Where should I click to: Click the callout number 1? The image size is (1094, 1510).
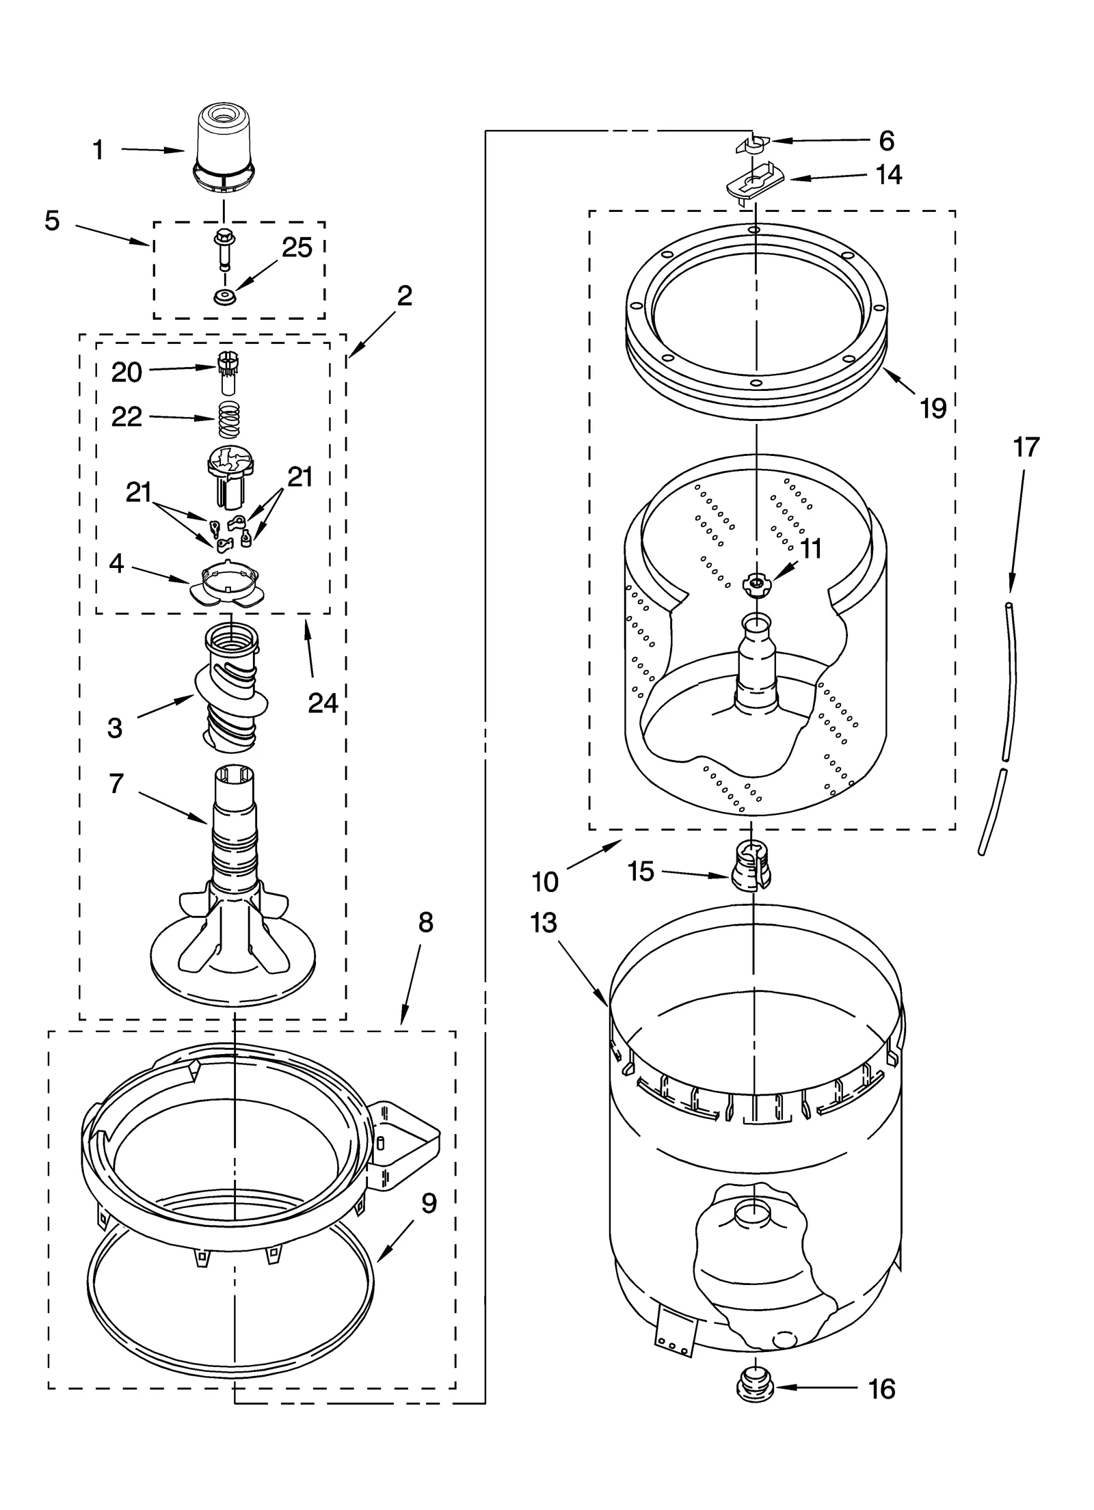click(98, 150)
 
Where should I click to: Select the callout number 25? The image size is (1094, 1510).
click(297, 248)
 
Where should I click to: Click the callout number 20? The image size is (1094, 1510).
click(126, 373)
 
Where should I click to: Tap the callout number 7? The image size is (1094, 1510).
click(116, 784)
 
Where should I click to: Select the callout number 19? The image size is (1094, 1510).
click(933, 409)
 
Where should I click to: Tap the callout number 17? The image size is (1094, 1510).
click(1026, 447)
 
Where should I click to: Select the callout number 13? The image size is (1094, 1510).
click(544, 923)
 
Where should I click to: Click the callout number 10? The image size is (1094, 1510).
click(545, 882)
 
